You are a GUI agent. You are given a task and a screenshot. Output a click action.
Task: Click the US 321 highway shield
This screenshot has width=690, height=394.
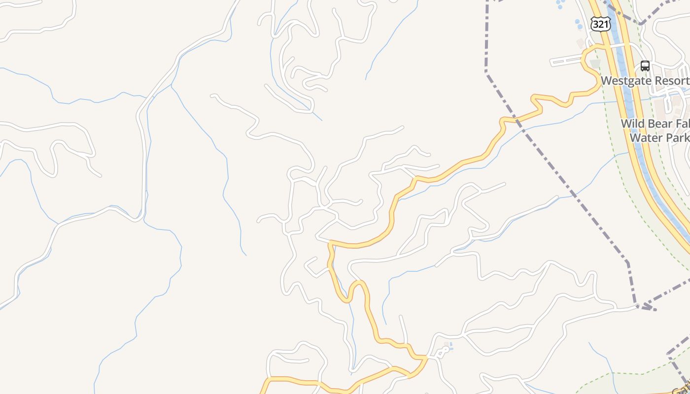[601, 24]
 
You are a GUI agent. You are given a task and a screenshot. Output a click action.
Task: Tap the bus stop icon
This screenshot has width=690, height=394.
[645, 66]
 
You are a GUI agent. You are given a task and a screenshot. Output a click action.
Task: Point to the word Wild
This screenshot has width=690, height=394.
[632, 124]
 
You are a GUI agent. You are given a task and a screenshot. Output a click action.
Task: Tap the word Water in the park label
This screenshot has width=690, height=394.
[646, 137]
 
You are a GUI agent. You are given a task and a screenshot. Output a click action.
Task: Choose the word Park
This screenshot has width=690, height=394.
[678, 137]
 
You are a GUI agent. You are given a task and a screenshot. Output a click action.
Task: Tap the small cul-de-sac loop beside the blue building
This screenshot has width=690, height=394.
[444, 350]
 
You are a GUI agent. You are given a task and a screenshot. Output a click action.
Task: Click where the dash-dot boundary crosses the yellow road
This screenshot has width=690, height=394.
[516, 119]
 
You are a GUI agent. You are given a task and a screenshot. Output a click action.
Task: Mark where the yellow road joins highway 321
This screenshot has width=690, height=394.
[604, 46]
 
